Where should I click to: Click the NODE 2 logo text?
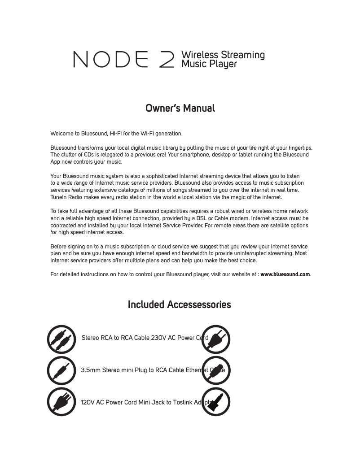click(124, 60)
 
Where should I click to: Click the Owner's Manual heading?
click(180, 109)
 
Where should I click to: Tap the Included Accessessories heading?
click(179, 305)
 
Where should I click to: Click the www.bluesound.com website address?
click(285, 274)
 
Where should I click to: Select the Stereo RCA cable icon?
click(61, 339)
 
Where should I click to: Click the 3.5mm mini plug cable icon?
click(61, 370)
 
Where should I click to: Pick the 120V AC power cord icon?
click(61, 401)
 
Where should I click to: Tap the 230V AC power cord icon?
click(216, 339)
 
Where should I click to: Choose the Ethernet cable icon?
click(216, 370)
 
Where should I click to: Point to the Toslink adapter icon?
click(216, 401)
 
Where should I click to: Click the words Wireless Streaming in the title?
click(223, 55)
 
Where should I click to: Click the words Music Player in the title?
click(209, 64)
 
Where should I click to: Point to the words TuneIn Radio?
click(66, 197)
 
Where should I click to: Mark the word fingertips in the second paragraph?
click(298, 148)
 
